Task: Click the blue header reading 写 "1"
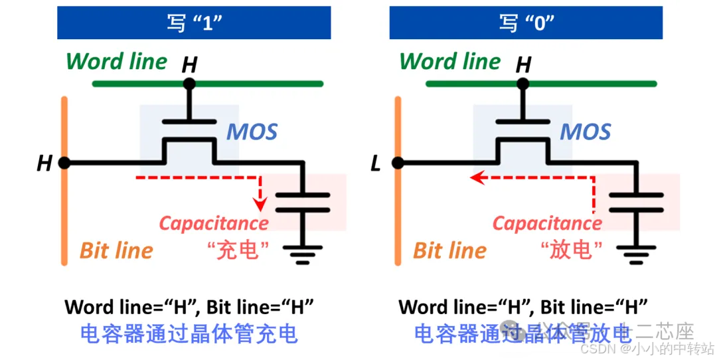(x=194, y=23)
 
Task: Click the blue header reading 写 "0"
(x=527, y=23)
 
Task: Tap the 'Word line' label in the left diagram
(x=117, y=62)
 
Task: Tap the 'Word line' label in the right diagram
(x=450, y=62)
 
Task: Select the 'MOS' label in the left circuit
(x=252, y=132)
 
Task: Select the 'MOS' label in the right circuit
(x=585, y=132)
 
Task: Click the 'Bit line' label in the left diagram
(x=117, y=250)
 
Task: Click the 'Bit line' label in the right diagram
(x=450, y=250)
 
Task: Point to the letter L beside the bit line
(x=376, y=163)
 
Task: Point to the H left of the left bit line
(x=44, y=163)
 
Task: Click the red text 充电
(x=238, y=250)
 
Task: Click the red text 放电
(x=571, y=250)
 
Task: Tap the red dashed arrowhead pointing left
(x=475, y=177)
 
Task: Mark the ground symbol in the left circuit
(x=303, y=254)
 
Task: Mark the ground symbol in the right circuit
(x=636, y=254)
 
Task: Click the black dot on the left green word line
(x=190, y=84)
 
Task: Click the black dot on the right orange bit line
(x=398, y=162)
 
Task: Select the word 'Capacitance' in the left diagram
(x=214, y=223)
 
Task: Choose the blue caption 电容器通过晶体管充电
(x=189, y=333)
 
